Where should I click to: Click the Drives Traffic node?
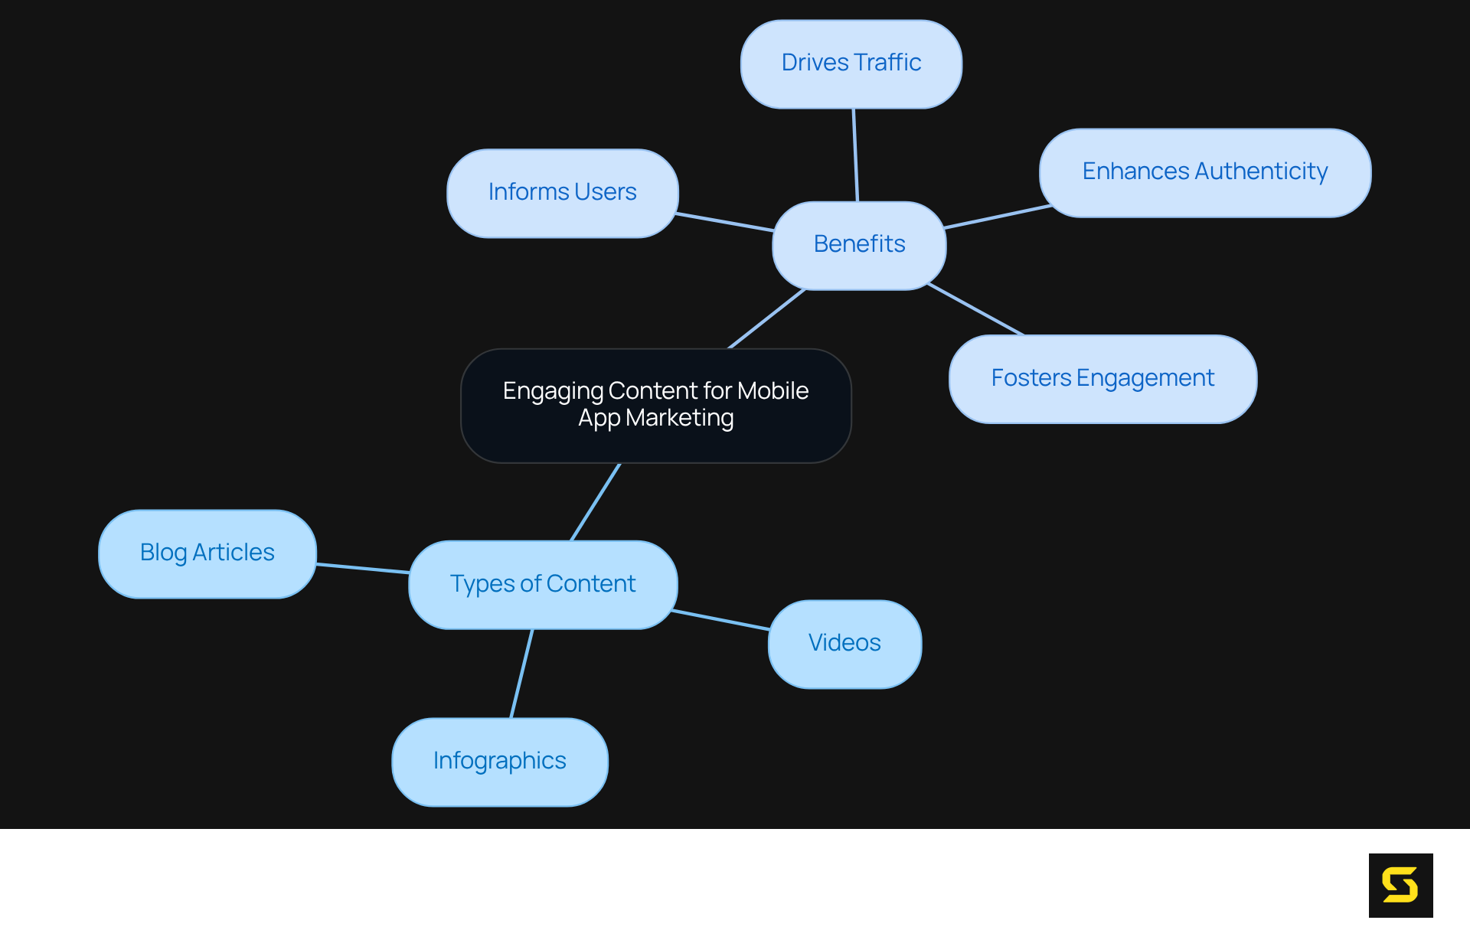(851, 64)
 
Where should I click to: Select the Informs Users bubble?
(562, 193)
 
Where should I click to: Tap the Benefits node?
(859, 245)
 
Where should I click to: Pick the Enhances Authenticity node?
(1204, 172)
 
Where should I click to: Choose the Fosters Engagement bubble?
(1102, 379)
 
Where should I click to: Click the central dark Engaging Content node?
(655, 405)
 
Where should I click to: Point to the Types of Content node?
(542, 585)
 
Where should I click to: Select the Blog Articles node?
(207, 553)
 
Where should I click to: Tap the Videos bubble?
(844, 644)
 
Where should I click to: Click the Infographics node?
(499, 762)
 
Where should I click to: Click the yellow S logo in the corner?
(1400, 885)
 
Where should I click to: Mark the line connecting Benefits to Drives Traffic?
(855, 155)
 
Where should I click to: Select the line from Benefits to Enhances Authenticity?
(998, 216)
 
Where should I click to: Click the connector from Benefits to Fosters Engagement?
(975, 309)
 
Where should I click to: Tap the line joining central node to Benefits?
(766, 319)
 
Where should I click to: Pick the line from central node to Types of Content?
(595, 502)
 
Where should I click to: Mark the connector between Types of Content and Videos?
(720, 620)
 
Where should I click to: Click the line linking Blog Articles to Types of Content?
(362, 568)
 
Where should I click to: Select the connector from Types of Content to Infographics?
(521, 674)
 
